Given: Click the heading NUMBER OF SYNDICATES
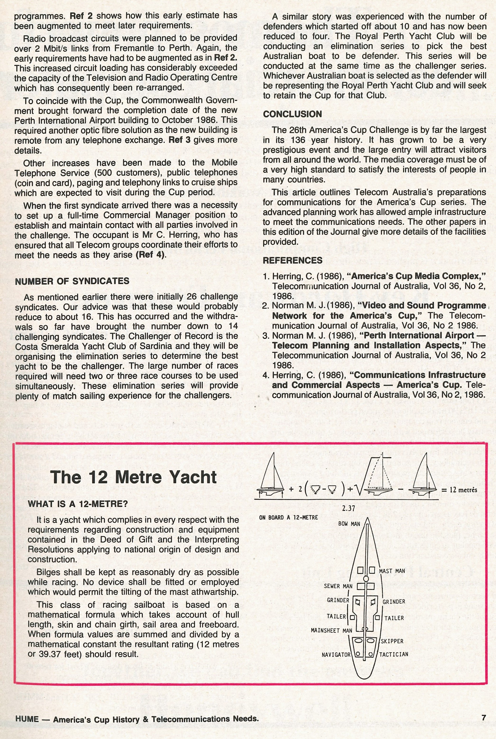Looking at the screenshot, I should point(72,281).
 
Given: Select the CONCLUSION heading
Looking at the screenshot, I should point(292,114).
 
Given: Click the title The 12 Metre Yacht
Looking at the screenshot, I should point(133,477).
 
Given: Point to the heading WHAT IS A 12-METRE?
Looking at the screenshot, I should point(78,504).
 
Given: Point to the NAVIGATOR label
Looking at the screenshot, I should point(336,654).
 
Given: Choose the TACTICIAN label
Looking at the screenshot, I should point(394,654).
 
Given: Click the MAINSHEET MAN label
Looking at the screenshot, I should point(331,630).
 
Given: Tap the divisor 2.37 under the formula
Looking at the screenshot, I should point(348,509).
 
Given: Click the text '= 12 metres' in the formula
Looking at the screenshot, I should point(459,490).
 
